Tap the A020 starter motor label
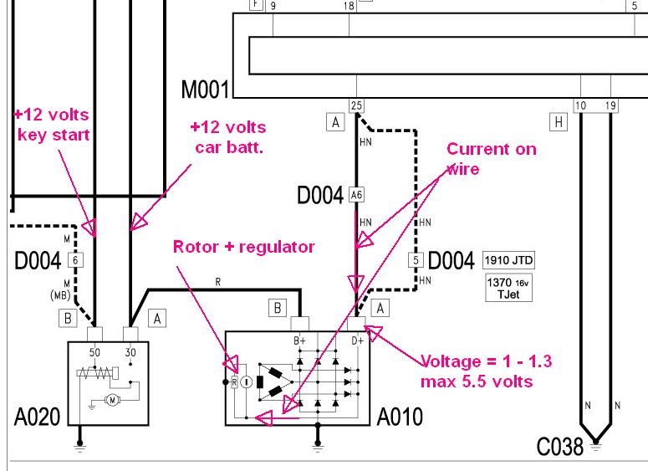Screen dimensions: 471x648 tap(38, 416)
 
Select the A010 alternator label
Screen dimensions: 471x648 tap(400, 416)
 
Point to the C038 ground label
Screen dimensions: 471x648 tap(559, 447)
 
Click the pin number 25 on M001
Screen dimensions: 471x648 tap(357, 105)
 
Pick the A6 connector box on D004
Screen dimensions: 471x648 tap(357, 195)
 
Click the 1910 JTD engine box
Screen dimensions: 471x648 tap(508, 260)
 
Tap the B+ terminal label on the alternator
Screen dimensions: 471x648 tap(298, 340)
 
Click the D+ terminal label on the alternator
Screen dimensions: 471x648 tap(357, 340)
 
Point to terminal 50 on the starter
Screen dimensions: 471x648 tap(94, 352)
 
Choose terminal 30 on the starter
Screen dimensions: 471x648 tap(130, 352)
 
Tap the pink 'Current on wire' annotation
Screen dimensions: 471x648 tap(490, 158)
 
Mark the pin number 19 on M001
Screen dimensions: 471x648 tap(610, 105)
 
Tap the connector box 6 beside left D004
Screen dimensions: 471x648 tap(75, 259)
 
